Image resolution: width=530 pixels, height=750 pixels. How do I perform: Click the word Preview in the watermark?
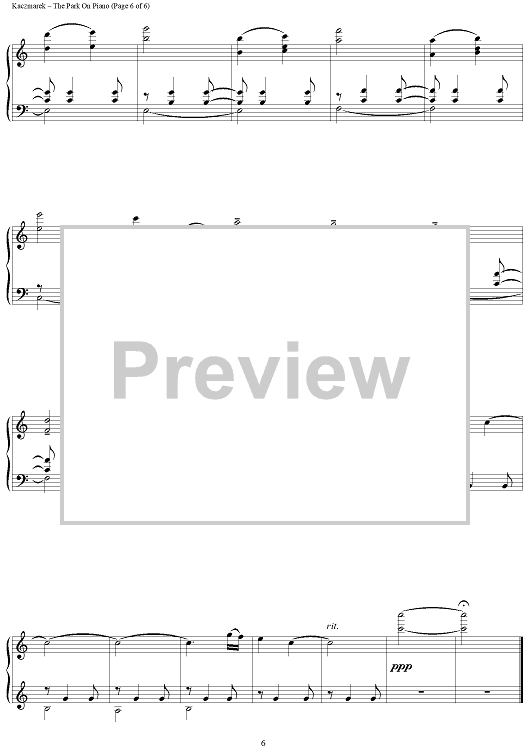tap(261, 371)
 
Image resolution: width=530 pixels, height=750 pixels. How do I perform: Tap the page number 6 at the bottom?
tap(263, 743)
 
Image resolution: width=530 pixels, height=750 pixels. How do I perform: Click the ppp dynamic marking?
tap(401, 667)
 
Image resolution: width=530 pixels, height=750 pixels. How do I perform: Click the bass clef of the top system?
tap(22, 105)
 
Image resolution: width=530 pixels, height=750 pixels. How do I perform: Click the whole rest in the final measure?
tap(487, 691)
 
